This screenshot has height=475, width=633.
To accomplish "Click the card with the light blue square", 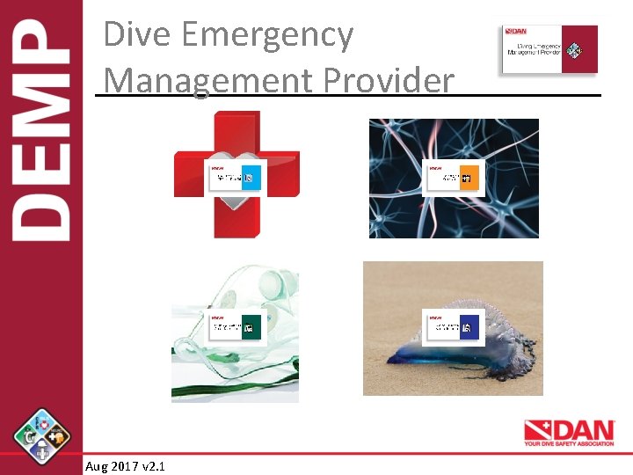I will (235, 179).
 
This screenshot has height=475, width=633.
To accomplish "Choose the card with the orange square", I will (453, 179).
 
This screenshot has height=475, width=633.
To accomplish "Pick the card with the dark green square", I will (235, 327).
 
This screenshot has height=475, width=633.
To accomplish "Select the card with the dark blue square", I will (453, 327).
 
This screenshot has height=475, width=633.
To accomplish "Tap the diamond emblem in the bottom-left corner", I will (42, 436).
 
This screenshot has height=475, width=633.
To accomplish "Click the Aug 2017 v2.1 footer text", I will (125, 465).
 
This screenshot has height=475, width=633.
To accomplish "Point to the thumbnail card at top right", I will (549, 49).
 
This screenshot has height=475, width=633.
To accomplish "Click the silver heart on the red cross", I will (236, 211).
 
